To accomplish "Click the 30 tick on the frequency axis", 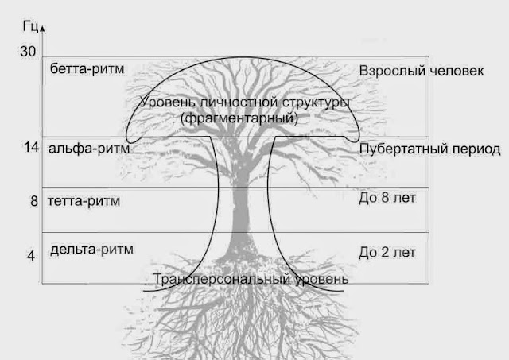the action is (x=29, y=52).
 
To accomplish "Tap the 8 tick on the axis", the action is (x=34, y=202).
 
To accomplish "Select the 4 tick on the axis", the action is (x=31, y=256).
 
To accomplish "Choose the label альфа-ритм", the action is (x=88, y=148).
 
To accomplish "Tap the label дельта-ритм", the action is (x=91, y=250).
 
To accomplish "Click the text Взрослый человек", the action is (x=421, y=71).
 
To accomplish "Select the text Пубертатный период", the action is (x=429, y=149).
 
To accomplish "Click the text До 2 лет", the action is (x=388, y=253).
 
